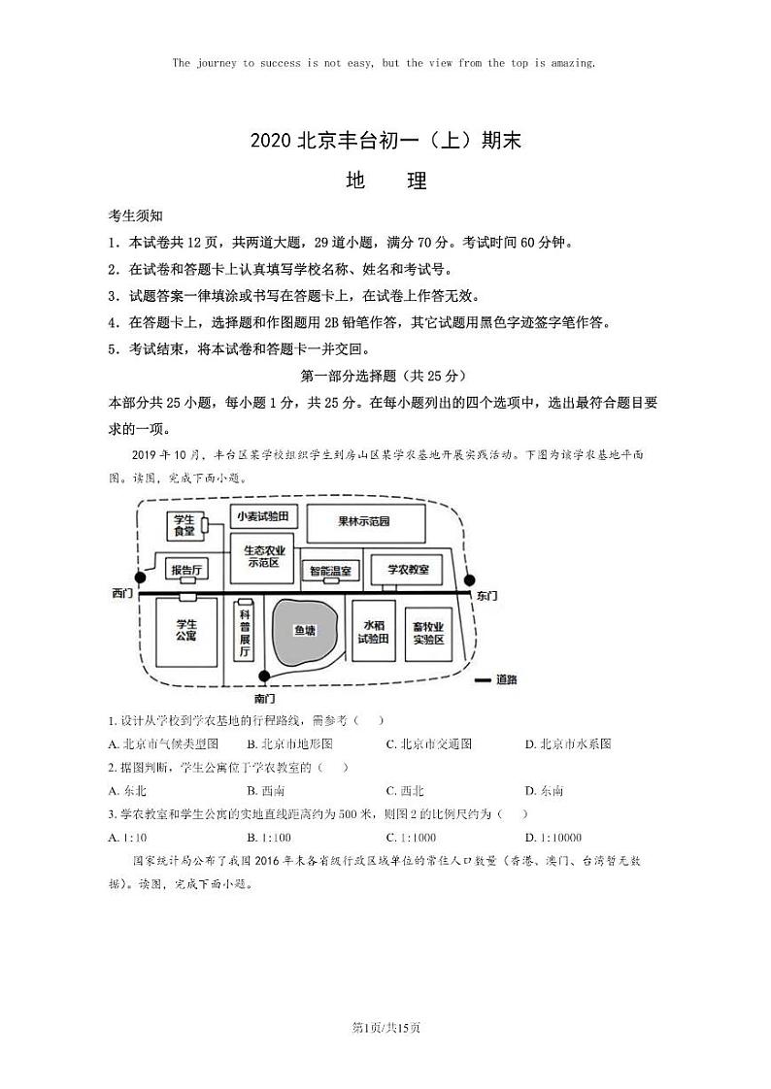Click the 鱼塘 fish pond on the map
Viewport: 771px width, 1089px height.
click(x=305, y=630)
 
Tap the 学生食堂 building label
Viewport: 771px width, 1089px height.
click(x=184, y=525)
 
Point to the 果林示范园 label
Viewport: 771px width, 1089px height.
click(x=364, y=521)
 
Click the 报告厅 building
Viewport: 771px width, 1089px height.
click(x=184, y=569)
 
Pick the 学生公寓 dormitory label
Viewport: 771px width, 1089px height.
click(x=186, y=629)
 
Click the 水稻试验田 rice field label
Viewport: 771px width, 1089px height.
click(x=373, y=632)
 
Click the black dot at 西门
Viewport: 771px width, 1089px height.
click(x=140, y=577)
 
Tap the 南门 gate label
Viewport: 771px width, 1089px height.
click(x=265, y=699)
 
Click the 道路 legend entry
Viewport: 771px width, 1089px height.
click(x=494, y=679)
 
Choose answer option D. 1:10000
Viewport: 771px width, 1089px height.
click(x=553, y=837)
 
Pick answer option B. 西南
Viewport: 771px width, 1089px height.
click(x=265, y=791)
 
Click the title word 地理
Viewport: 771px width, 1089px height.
click(x=385, y=181)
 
